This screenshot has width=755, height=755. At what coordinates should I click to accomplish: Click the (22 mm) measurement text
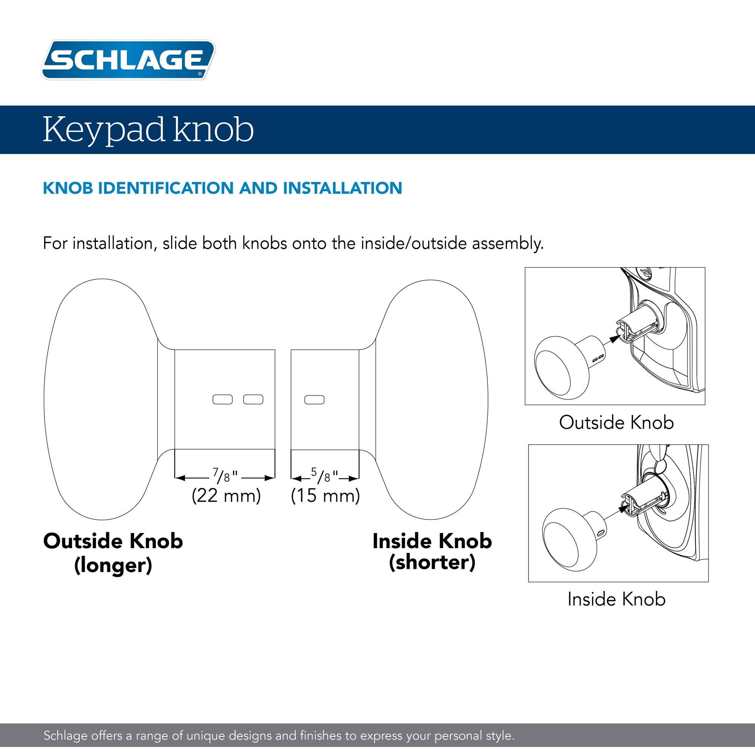coord(226,496)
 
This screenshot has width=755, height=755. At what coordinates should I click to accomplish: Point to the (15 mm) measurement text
coord(325,496)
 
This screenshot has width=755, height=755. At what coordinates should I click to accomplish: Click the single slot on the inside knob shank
coord(314,399)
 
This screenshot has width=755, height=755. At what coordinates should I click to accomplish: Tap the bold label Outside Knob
coord(113,541)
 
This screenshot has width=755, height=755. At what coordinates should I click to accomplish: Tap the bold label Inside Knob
coord(432,541)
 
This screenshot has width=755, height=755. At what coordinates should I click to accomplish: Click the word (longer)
coord(113,565)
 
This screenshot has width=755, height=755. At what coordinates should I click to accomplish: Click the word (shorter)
coord(432,563)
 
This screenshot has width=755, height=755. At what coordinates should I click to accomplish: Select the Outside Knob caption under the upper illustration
coord(616,422)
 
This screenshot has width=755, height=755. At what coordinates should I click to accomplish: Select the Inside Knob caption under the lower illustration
coord(616,599)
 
